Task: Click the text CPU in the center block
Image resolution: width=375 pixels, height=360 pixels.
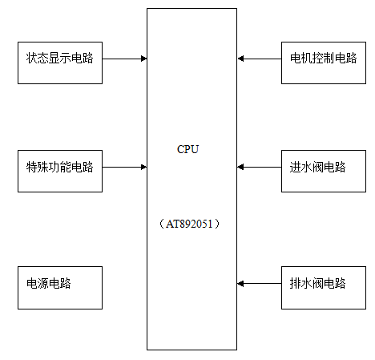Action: coord(187,149)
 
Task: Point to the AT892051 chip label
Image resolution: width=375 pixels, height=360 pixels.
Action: coord(189,224)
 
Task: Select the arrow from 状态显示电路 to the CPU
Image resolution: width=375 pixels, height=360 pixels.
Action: coord(125,59)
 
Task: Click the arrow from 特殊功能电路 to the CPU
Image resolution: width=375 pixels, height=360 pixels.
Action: coord(125,168)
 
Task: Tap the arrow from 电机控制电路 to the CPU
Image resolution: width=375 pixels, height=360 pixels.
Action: coord(259,59)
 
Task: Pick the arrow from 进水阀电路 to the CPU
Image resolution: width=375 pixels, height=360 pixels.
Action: coord(259,168)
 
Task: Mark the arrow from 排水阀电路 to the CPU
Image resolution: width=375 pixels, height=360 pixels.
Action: coord(259,284)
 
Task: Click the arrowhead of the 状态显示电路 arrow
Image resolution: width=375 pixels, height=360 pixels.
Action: coord(144,59)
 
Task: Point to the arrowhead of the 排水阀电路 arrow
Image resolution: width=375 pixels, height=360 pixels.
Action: coord(240,284)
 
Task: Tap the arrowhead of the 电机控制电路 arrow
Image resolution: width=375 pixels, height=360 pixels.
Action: coord(240,59)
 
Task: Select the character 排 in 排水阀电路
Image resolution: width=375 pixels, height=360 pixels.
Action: coord(295,283)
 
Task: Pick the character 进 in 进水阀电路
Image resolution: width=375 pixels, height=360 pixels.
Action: coord(295,167)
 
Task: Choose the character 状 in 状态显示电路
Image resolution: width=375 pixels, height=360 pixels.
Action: coord(31,58)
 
